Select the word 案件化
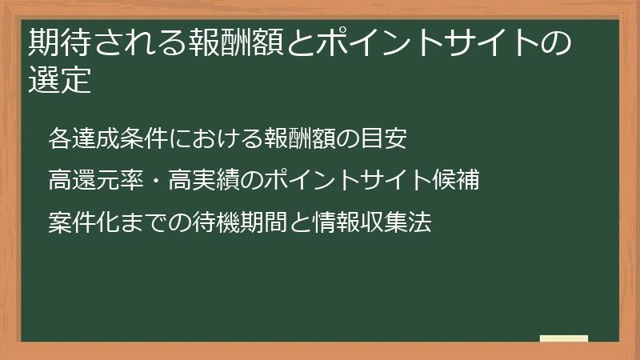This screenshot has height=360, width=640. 77,222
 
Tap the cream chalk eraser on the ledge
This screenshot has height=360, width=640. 564,338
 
